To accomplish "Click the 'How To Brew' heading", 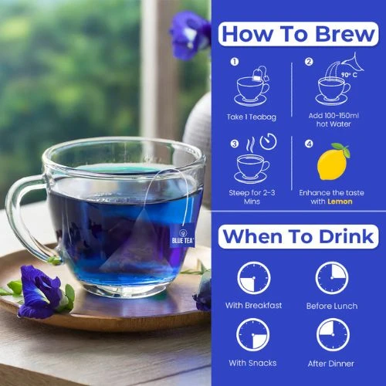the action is coord(299,34).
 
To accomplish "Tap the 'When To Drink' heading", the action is coord(299,237).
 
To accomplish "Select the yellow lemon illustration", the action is coord(334,161).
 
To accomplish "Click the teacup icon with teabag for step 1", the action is coord(252,86).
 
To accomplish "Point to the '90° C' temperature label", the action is coord(349,75).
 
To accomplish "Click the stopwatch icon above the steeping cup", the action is coord(268,141).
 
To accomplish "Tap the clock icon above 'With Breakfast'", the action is coord(254,278).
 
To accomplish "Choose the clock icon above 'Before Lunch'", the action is coord(332,278).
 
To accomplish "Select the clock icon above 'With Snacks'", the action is coord(253,335).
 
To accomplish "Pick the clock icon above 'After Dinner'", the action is coord(333,335).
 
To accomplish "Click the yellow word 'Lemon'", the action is coord(340,201).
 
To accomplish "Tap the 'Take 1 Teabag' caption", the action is coord(252,117).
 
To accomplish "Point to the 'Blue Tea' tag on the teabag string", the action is coord(182,236).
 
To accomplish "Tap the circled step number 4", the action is coord(309,144).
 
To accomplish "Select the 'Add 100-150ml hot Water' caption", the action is coord(334,120).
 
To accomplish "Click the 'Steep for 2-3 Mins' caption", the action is coord(252,197).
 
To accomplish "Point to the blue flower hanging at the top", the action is coord(190,35).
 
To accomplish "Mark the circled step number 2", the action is coord(309,62).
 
